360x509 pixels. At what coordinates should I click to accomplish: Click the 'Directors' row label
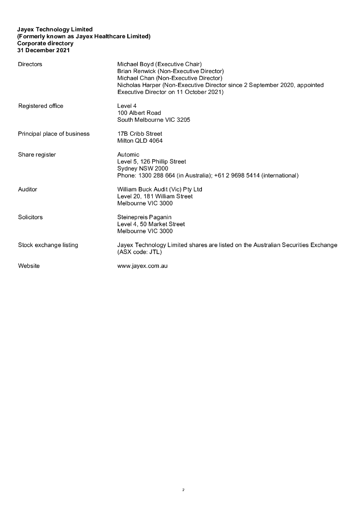pyautogui.click(x=30, y=64)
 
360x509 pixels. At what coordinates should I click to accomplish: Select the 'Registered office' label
pyautogui.click(x=41, y=106)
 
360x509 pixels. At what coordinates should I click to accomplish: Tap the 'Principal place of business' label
pyautogui.click(x=54, y=134)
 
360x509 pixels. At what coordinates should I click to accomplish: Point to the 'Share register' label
pyautogui.click(x=37, y=155)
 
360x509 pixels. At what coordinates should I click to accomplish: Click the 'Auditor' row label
pyautogui.click(x=27, y=189)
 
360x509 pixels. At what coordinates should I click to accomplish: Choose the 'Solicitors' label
pyautogui.click(x=30, y=217)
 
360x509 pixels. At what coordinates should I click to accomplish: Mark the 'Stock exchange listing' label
pyautogui.click(x=48, y=245)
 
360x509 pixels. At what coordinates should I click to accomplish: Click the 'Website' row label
pyautogui.click(x=29, y=266)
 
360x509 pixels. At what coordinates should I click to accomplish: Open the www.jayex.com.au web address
pyautogui.click(x=142, y=266)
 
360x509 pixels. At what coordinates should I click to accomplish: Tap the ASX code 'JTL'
pyautogui.click(x=154, y=252)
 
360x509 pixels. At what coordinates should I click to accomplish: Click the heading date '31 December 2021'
pyautogui.click(x=44, y=50)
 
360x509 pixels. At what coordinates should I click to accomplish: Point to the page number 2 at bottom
pyautogui.click(x=183, y=490)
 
